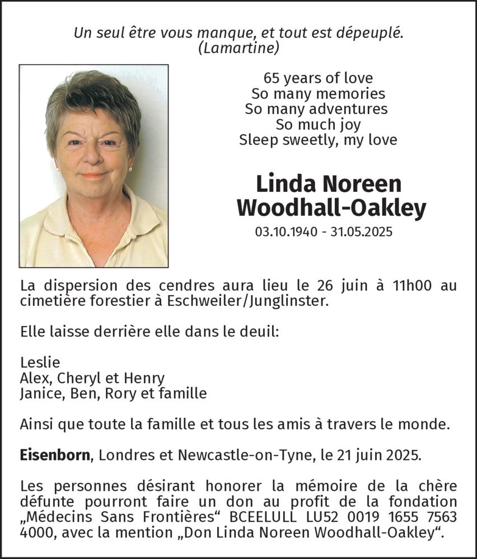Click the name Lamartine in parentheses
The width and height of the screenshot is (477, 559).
(x=238, y=49)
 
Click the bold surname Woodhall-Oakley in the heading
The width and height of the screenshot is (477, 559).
(x=331, y=209)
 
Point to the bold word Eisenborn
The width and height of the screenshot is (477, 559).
(x=55, y=454)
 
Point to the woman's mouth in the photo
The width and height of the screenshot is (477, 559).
(x=94, y=175)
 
